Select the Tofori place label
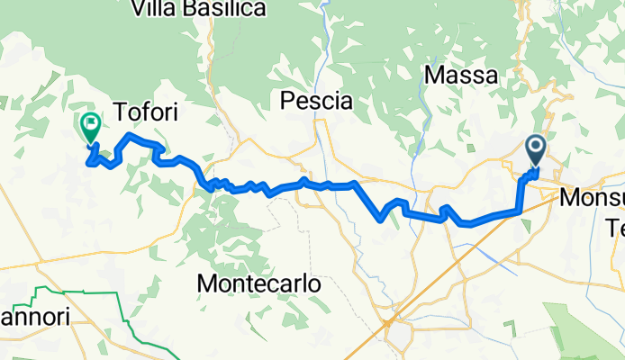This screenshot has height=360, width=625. click(144, 112)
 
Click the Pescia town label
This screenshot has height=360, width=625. click(316, 101)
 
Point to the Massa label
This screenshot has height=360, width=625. click(459, 77)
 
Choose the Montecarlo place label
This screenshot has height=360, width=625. click(258, 283)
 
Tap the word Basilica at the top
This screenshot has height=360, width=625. click(221, 9)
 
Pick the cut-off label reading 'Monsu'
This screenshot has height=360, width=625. click(591, 196)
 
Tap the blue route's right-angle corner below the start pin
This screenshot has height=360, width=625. click(521, 211)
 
